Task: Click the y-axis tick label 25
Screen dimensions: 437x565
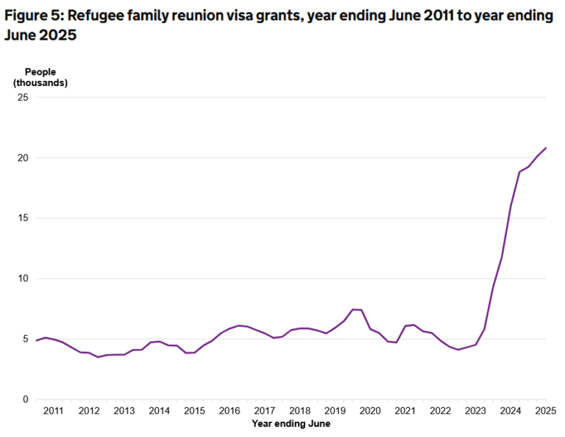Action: click(22, 98)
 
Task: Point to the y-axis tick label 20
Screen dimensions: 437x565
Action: click(22, 158)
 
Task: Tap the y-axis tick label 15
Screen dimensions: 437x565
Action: click(22, 218)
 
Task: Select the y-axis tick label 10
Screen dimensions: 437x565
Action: click(22, 278)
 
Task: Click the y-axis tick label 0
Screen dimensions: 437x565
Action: click(24, 400)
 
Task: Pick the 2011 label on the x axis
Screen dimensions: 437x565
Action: click(53, 411)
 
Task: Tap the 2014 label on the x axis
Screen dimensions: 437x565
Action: click(159, 411)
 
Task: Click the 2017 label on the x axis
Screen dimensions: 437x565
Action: click(264, 411)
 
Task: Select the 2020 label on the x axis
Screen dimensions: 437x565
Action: click(369, 411)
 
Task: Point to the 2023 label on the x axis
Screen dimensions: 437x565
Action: click(475, 411)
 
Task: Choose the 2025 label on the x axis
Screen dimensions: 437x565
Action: click(545, 411)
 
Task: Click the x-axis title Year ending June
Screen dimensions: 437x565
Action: click(291, 424)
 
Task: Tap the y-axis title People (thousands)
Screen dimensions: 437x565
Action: click(40, 77)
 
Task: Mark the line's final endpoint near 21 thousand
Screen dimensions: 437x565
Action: click(546, 148)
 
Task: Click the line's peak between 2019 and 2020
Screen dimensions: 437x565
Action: click(353, 309)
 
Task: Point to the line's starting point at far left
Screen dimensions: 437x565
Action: click(36, 341)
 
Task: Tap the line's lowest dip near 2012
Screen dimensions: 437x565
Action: click(98, 357)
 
